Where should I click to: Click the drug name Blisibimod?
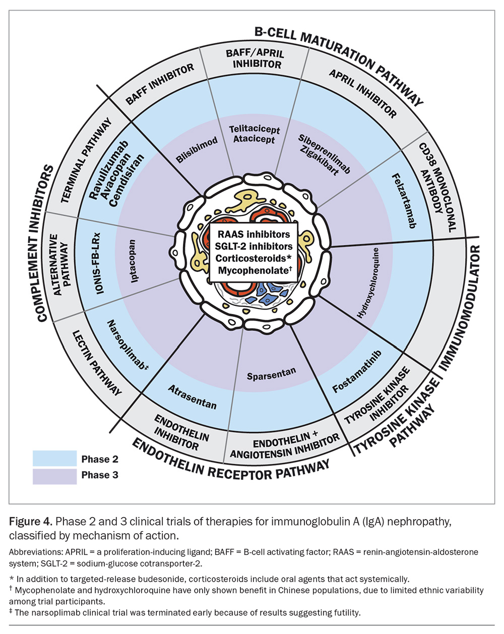197,150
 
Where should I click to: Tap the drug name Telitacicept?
255,130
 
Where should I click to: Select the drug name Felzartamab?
404,201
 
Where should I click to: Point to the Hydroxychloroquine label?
368,283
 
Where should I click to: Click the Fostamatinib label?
357,371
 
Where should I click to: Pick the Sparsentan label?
271,374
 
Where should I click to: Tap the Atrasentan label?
193,397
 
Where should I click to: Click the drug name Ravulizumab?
109,170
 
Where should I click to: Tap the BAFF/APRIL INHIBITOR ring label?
256,59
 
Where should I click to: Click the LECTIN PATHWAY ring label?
97,363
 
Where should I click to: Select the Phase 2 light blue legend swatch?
55,458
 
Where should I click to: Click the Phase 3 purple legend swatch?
55,476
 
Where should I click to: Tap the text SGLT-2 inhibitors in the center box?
254,246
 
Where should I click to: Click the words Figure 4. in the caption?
31,522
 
